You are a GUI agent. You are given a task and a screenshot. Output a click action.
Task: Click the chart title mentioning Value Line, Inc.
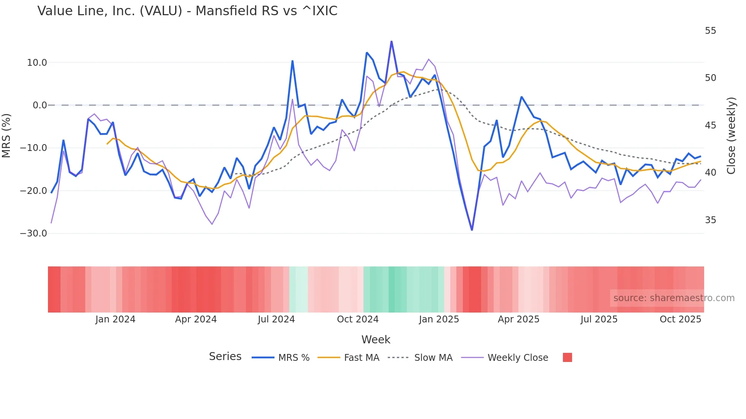point(187,11)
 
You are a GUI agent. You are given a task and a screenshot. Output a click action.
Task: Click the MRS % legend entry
point(293,358)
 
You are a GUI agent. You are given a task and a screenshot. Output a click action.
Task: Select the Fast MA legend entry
point(361,358)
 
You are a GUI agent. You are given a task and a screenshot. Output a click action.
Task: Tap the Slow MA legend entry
point(433,358)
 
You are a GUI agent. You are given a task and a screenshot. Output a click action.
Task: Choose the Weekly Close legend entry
point(518,358)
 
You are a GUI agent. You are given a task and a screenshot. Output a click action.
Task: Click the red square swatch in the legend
point(567,357)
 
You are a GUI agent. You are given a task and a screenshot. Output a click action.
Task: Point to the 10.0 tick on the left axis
point(37,63)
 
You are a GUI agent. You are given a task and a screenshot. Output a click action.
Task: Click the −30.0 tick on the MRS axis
point(33,233)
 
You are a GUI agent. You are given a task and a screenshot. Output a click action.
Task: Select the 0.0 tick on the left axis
point(40,105)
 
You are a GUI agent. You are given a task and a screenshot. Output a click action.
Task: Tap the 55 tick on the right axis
point(710,31)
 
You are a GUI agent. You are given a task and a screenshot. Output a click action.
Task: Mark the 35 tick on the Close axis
point(710,220)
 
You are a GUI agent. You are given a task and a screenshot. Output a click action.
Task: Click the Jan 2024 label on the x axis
point(115,319)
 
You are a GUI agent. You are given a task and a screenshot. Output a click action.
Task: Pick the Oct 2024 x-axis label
point(357,319)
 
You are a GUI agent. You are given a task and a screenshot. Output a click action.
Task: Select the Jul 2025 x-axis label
point(599,319)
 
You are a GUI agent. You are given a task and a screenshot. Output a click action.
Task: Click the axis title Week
point(376,340)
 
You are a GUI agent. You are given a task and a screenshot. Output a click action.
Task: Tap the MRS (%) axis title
point(6,135)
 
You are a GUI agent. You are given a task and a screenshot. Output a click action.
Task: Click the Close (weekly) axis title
point(731,135)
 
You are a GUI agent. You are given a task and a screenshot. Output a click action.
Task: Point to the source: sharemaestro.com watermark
point(674,298)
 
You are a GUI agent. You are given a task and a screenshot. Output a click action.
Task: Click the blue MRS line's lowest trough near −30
point(472,230)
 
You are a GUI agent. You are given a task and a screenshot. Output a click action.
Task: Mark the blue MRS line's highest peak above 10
point(391,41)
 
